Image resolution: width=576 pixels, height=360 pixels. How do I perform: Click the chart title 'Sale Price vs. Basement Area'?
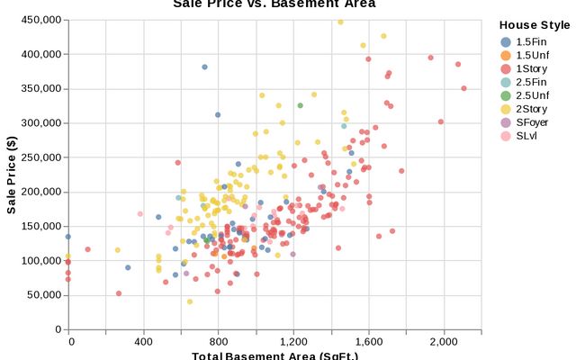point(274,4)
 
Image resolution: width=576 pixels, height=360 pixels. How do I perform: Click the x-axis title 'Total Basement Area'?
point(274,355)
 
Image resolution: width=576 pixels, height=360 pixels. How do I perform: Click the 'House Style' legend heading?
point(535,26)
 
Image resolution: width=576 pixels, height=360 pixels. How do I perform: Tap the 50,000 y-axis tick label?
point(42,295)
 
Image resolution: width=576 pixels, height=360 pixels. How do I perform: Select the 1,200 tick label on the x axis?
point(293,343)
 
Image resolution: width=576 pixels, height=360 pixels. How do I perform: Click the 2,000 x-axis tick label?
point(444,343)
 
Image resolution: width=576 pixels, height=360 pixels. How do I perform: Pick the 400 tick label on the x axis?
point(143,343)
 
